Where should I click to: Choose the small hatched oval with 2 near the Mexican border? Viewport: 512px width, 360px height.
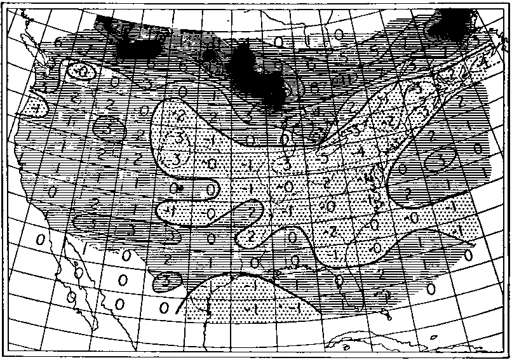pyautogui.click(x=164, y=278)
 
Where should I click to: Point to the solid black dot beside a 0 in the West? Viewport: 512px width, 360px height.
pyautogui.click(x=180, y=188)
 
